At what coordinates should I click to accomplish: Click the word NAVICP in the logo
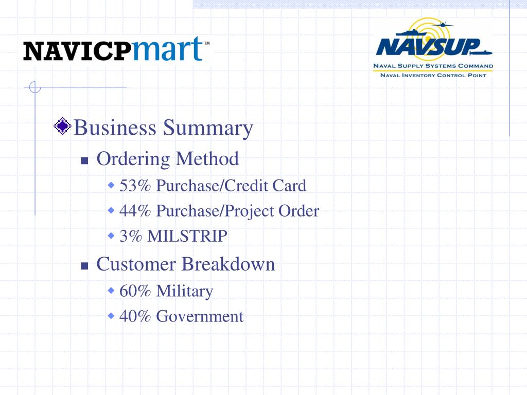click(74, 51)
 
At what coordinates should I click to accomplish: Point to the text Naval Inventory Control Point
click(432, 75)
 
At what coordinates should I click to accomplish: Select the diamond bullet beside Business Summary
click(63, 126)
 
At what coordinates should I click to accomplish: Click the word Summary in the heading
click(208, 128)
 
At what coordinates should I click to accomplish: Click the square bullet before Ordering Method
click(85, 160)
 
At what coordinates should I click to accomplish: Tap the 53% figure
click(135, 185)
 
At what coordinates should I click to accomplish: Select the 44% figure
click(135, 211)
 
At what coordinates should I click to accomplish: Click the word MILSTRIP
click(187, 236)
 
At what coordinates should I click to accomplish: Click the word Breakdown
click(228, 264)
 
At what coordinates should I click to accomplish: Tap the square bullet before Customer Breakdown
click(85, 266)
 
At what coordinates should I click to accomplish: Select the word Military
click(184, 291)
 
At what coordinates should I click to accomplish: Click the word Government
click(200, 316)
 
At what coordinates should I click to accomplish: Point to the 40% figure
click(135, 316)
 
